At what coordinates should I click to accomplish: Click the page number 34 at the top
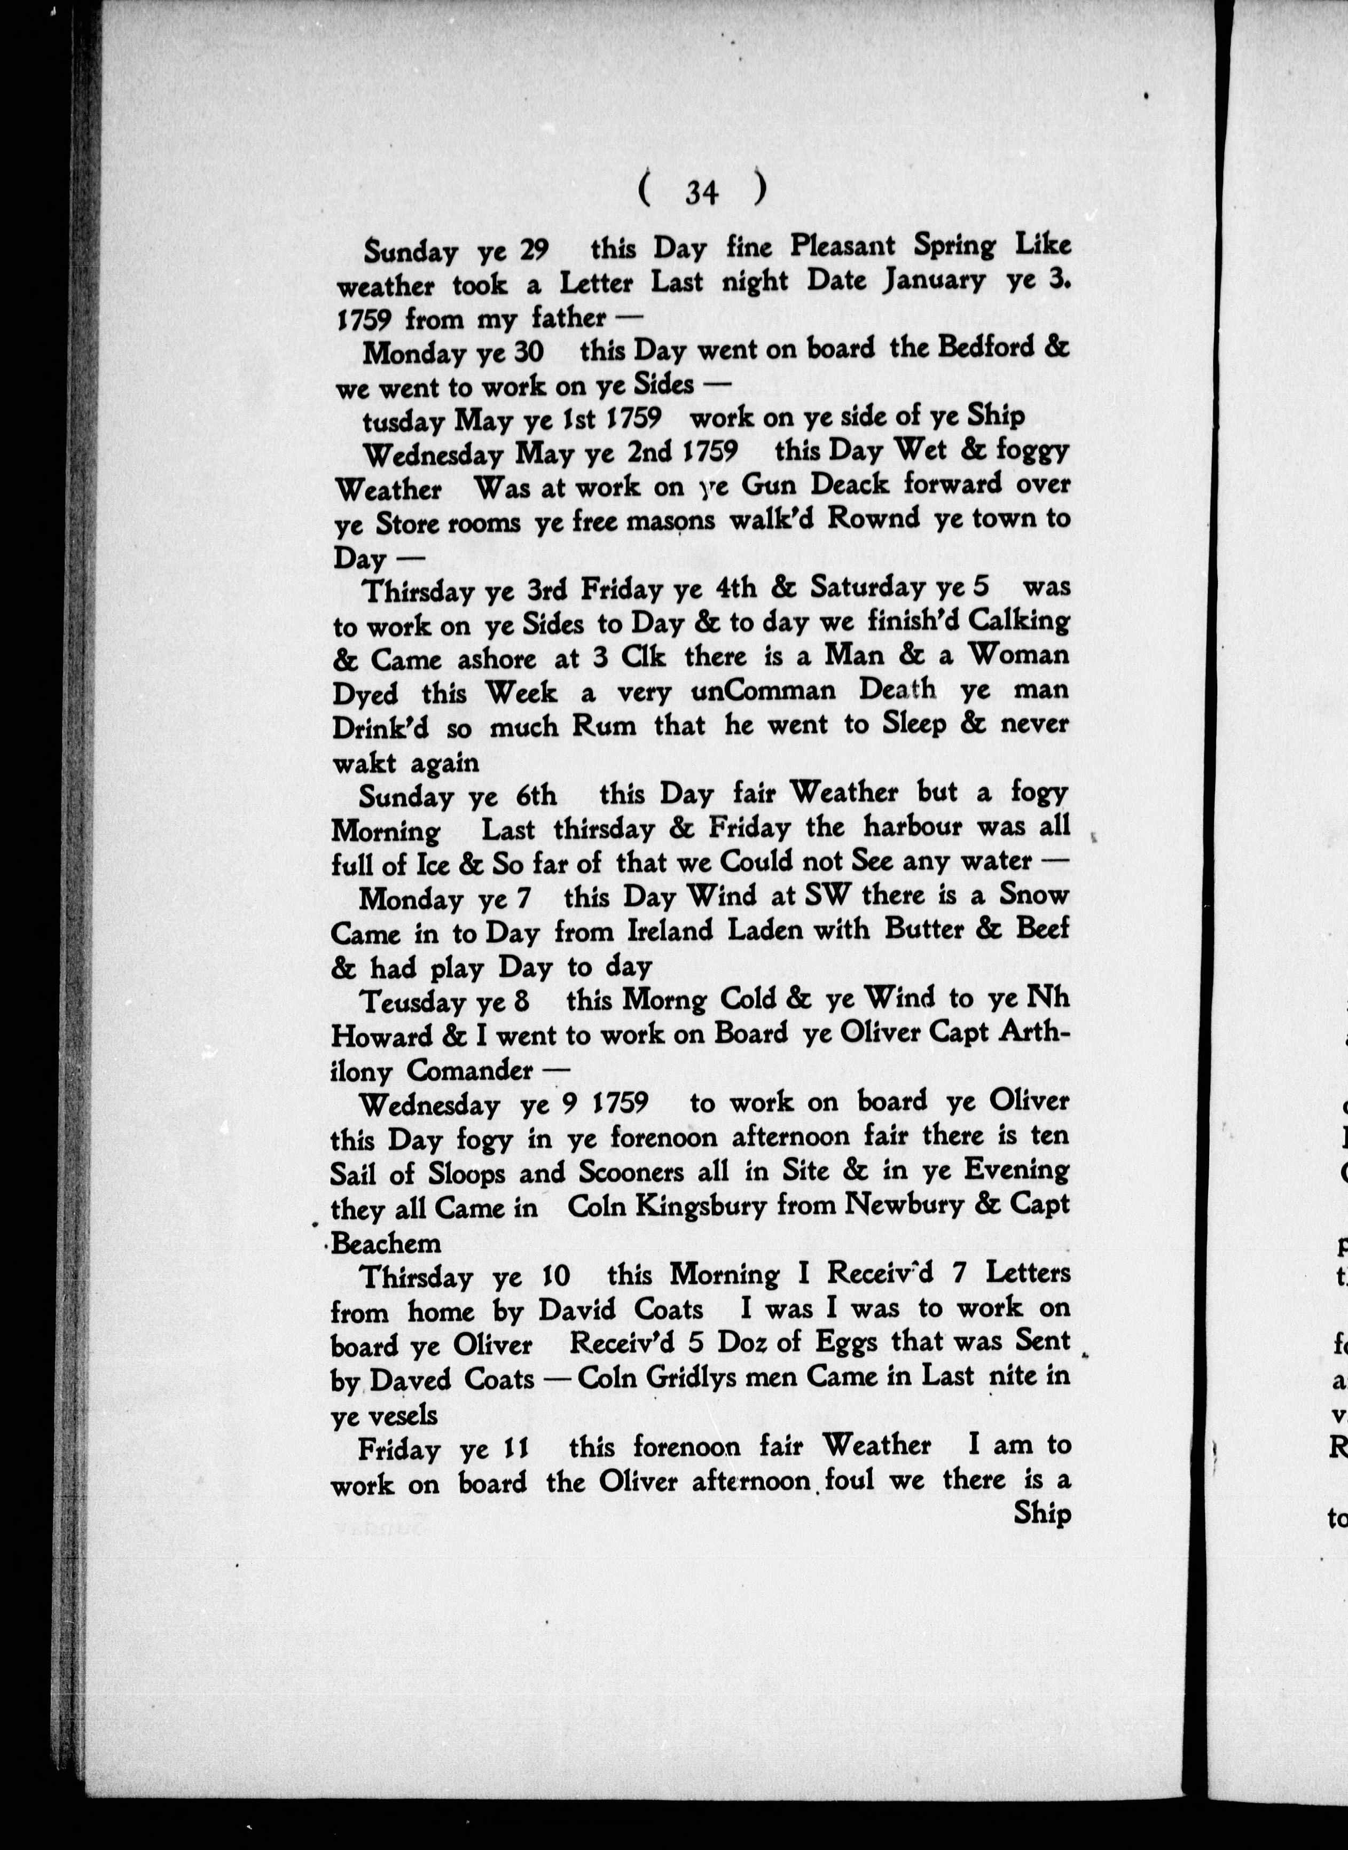702,193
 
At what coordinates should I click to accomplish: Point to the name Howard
382,1035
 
